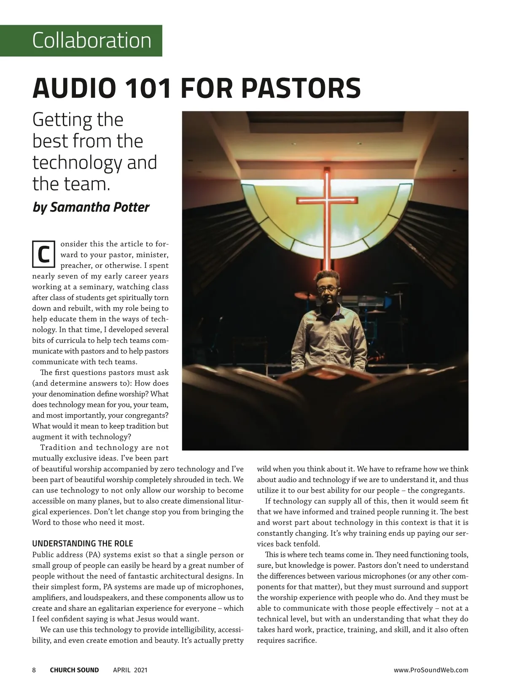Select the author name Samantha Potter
pos(100,208)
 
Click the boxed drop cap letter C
pos(44,254)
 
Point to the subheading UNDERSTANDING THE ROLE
pos(83,543)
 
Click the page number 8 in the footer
pos(34,670)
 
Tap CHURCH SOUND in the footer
pos(74,670)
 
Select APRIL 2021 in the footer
pos(130,670)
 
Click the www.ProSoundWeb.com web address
pos(431,670)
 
